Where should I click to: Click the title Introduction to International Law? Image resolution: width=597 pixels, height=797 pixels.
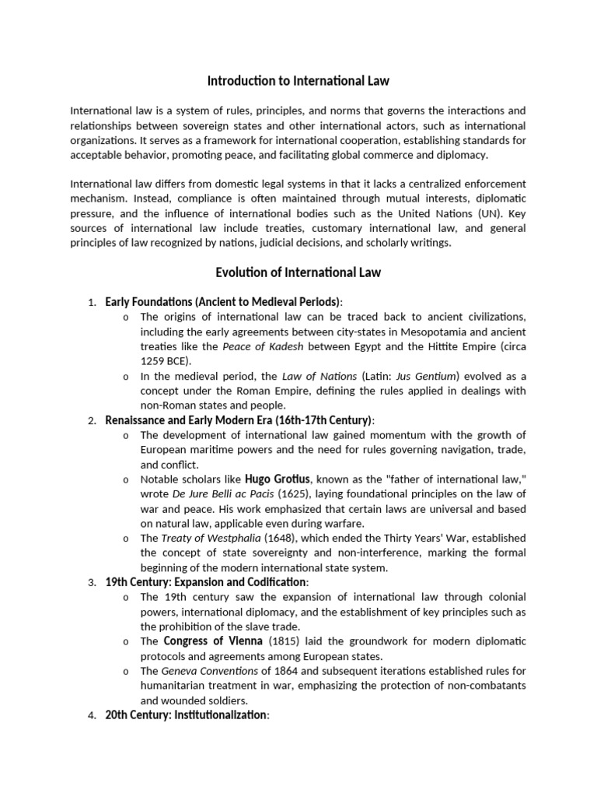298,80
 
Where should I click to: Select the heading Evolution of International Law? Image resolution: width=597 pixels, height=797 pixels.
298,272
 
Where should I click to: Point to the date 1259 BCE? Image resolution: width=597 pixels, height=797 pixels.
164,361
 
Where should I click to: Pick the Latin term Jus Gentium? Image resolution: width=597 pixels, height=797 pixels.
423,376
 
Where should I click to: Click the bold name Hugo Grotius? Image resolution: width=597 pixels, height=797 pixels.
279,478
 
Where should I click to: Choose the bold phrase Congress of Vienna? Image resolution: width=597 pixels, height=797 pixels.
214,641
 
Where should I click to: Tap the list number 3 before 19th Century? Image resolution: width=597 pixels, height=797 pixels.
91,583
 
